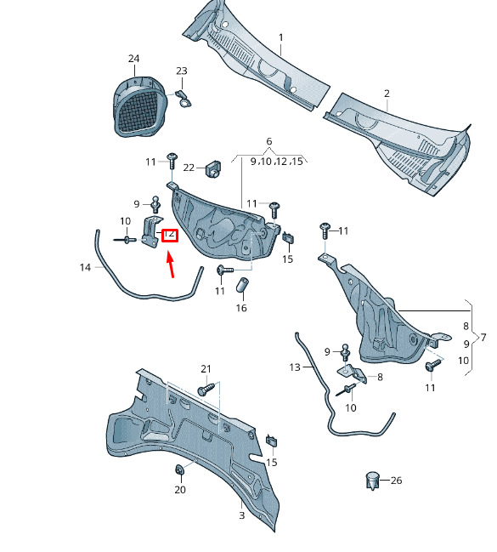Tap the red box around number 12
pyautogui.click(x=170, y=235)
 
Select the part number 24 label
pyautogui.click(x=133, y=59)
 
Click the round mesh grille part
pyautogui.click(x=139, y=106)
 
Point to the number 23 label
pyautogui.click(x=182, y=71)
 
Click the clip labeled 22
pyautogui.click(x=213, y=169)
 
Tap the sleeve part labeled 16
pyautogui.click(x=241, y=285)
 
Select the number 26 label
pyautogui.click(x=396, y=481)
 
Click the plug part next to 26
pyautogui.click(x=372, y=481)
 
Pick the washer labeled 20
pyautogui.click(x=180, y=470)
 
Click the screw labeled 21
pyautogui.click(x=206, y=389)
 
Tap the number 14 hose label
pyautogui.click(x=86, y=268)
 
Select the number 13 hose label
pyautogui.click(x=295, y=367)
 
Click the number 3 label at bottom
pyautogui.click(x=241, y=515)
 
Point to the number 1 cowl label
pyautogui.click(x=280, y=37)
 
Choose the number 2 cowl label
pyautogui.click(x=387, y=94)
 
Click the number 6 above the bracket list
pyautogui.click(x=269, y=141)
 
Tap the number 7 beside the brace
pyautogui.click(x=483, y=338)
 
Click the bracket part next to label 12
pyautogui.click(x=151, y=231)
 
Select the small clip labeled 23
pyautogui.click(x=184, y=99)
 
